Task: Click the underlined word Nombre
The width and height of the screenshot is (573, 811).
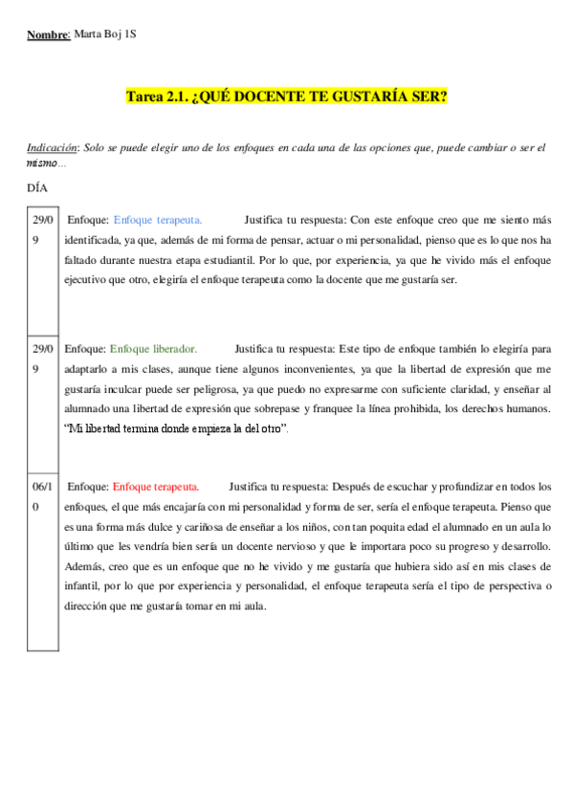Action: click(48, 34)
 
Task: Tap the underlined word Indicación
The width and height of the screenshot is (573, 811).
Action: click(52, 148)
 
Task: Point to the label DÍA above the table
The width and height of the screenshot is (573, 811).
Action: click(37, 187)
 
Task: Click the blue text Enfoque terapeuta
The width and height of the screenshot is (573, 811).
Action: click(158, 220)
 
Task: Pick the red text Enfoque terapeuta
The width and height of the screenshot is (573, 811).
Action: click(156, 487)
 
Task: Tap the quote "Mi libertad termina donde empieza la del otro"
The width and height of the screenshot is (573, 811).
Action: click(176, 428)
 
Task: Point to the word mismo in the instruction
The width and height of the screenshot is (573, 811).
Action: click(42, 164)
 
